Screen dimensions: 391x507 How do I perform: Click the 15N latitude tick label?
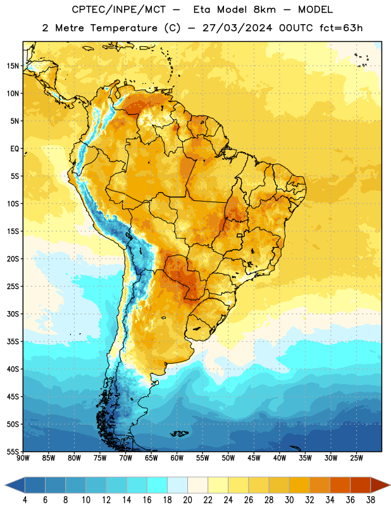pos(13,66)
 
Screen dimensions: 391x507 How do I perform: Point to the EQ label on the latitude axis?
pos(15,149)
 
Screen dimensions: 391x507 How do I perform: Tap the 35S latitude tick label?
pos(13,342)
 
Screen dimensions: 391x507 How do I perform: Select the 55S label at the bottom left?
pos(13,452)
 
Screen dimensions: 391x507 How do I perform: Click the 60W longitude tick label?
pos(177,458)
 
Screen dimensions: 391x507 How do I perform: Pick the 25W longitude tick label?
pos(356,458)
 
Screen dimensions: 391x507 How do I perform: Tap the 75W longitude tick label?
pos(100,458)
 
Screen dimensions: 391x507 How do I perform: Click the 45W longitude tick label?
pos(254,458)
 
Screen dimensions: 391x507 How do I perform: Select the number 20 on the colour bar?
pos(187,500)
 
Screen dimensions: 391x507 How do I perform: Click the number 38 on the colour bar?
pos(371,500)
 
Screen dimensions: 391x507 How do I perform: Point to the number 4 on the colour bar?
pos(25,500)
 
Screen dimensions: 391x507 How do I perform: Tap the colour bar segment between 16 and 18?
pos(158,485)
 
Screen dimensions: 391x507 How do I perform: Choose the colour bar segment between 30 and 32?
pos(299,485)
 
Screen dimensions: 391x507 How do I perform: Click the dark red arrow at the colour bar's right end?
pos(380,485)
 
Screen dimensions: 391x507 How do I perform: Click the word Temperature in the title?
pos(123,28)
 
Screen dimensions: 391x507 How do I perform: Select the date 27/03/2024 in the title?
pos(237,28)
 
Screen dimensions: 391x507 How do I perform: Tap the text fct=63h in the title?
pos(341,28)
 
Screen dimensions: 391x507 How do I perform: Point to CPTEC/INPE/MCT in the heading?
pos(119,10)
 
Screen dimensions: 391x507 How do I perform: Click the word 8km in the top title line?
pos(264,10)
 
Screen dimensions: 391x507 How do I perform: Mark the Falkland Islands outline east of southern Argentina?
pos(180,433)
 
